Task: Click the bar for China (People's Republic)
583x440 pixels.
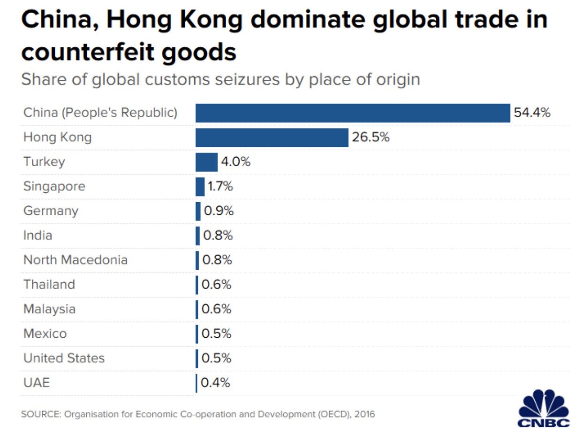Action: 352,113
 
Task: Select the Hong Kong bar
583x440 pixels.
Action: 272,137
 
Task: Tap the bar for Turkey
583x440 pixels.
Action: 206,162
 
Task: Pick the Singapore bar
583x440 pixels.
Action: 200,186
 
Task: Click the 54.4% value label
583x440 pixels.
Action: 532,113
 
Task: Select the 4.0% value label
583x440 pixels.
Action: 235,162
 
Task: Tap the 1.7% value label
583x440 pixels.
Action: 220,186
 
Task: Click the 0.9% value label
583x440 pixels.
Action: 219,211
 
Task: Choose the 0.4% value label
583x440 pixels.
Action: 216,383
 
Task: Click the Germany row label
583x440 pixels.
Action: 51,211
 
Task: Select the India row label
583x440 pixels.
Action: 38,235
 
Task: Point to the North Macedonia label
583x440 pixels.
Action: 75,259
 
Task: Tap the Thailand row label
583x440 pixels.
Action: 49,284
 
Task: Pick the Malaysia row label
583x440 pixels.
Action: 49,309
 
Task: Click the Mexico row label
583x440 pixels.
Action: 45,334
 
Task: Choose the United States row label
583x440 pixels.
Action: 64,358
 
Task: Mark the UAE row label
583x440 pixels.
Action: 36,383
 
